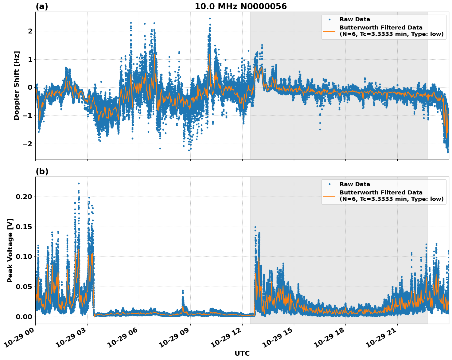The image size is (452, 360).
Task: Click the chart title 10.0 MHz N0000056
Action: coord(240,6)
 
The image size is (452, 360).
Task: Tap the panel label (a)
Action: coord(42,6)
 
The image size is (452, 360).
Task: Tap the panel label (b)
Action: coord(42,171)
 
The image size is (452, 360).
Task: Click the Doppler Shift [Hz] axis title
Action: coord(17,85)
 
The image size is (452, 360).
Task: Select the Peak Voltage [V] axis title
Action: coord(10,250)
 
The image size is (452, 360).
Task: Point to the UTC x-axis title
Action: coord(242,353)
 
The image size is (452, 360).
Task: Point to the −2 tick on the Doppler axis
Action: coord(27,144)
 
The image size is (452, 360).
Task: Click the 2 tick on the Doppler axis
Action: coord(30,31)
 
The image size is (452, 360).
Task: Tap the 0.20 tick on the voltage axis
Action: coord(23,197)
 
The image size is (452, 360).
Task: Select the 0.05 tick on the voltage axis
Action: coord(23,287)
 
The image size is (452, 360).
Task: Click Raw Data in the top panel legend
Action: coord(355,19)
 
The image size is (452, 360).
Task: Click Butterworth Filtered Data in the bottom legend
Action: coord(381,193)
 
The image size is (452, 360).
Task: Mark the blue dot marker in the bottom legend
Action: coord(329,184)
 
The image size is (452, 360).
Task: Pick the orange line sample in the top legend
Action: coord(329,31)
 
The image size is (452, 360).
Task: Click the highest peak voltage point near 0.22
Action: coord(79,183)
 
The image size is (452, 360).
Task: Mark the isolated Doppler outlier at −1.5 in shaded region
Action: coord(320,129)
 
